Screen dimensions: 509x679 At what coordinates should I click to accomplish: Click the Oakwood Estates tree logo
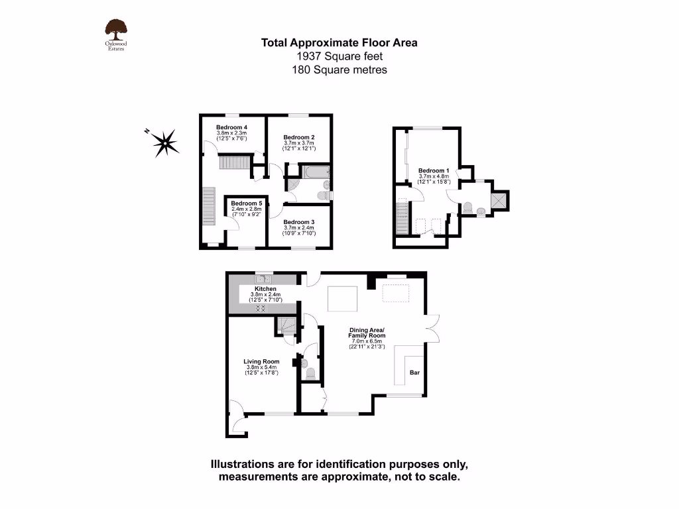click(x=116, y=29)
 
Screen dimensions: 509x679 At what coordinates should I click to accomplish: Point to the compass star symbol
click(x=164, y=142)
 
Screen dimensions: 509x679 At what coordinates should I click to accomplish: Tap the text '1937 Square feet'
click(x=339, y=56)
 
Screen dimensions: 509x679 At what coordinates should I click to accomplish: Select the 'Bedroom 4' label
click(x=231, y=127)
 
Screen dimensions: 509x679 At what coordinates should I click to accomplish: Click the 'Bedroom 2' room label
click(x=298, y=137)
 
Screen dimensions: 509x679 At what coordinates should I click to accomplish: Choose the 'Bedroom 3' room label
click(x=298, y=222)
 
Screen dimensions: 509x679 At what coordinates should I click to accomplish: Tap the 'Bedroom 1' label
click(x=434, y=170)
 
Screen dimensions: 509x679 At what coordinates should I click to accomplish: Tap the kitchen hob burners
click(x=261, y=309)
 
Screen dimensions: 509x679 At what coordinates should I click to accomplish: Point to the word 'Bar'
click(x=414, y=372)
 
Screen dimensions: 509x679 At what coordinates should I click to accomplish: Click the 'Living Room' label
click(x=262, y=362)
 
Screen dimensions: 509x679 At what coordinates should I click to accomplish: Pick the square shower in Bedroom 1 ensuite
click(x=499, y=199)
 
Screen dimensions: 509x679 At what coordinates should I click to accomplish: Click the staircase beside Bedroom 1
click(x=401, y=216)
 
